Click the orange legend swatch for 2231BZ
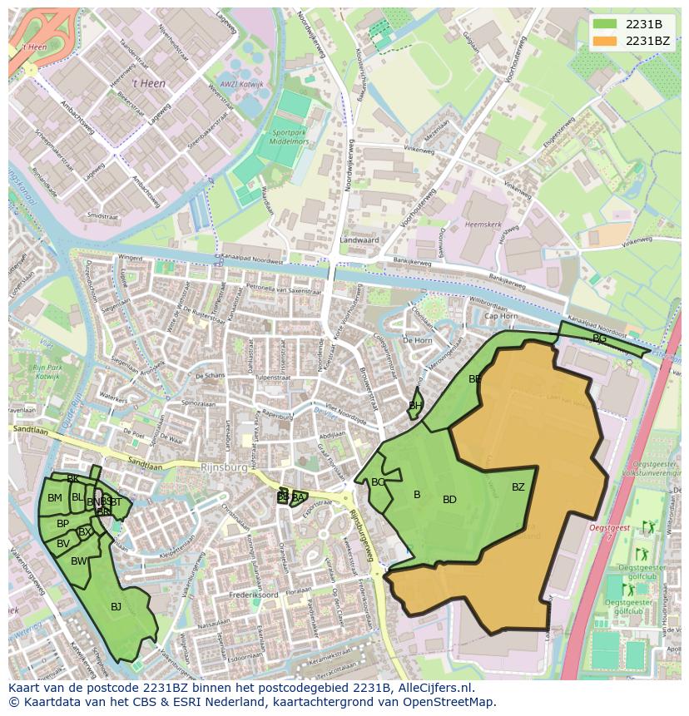[x=605, y=40]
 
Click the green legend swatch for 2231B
[x=605, y=25]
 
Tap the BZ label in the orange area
[x=518, y=487]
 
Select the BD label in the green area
[x=449, y=500]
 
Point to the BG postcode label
[x=599, y=338]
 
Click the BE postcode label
[x=475, y=378]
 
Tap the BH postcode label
[x=414, y=406]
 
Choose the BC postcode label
[x=378, y=482]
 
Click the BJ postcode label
[x=116, y=607]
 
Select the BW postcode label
[x=78, y=561]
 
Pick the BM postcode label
[x=54, y=498]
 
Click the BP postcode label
[x=62, y=524]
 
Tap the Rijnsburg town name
[x=224, y=467]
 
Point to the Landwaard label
[x=359, y=240]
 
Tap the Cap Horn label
[x=501, y=316]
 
